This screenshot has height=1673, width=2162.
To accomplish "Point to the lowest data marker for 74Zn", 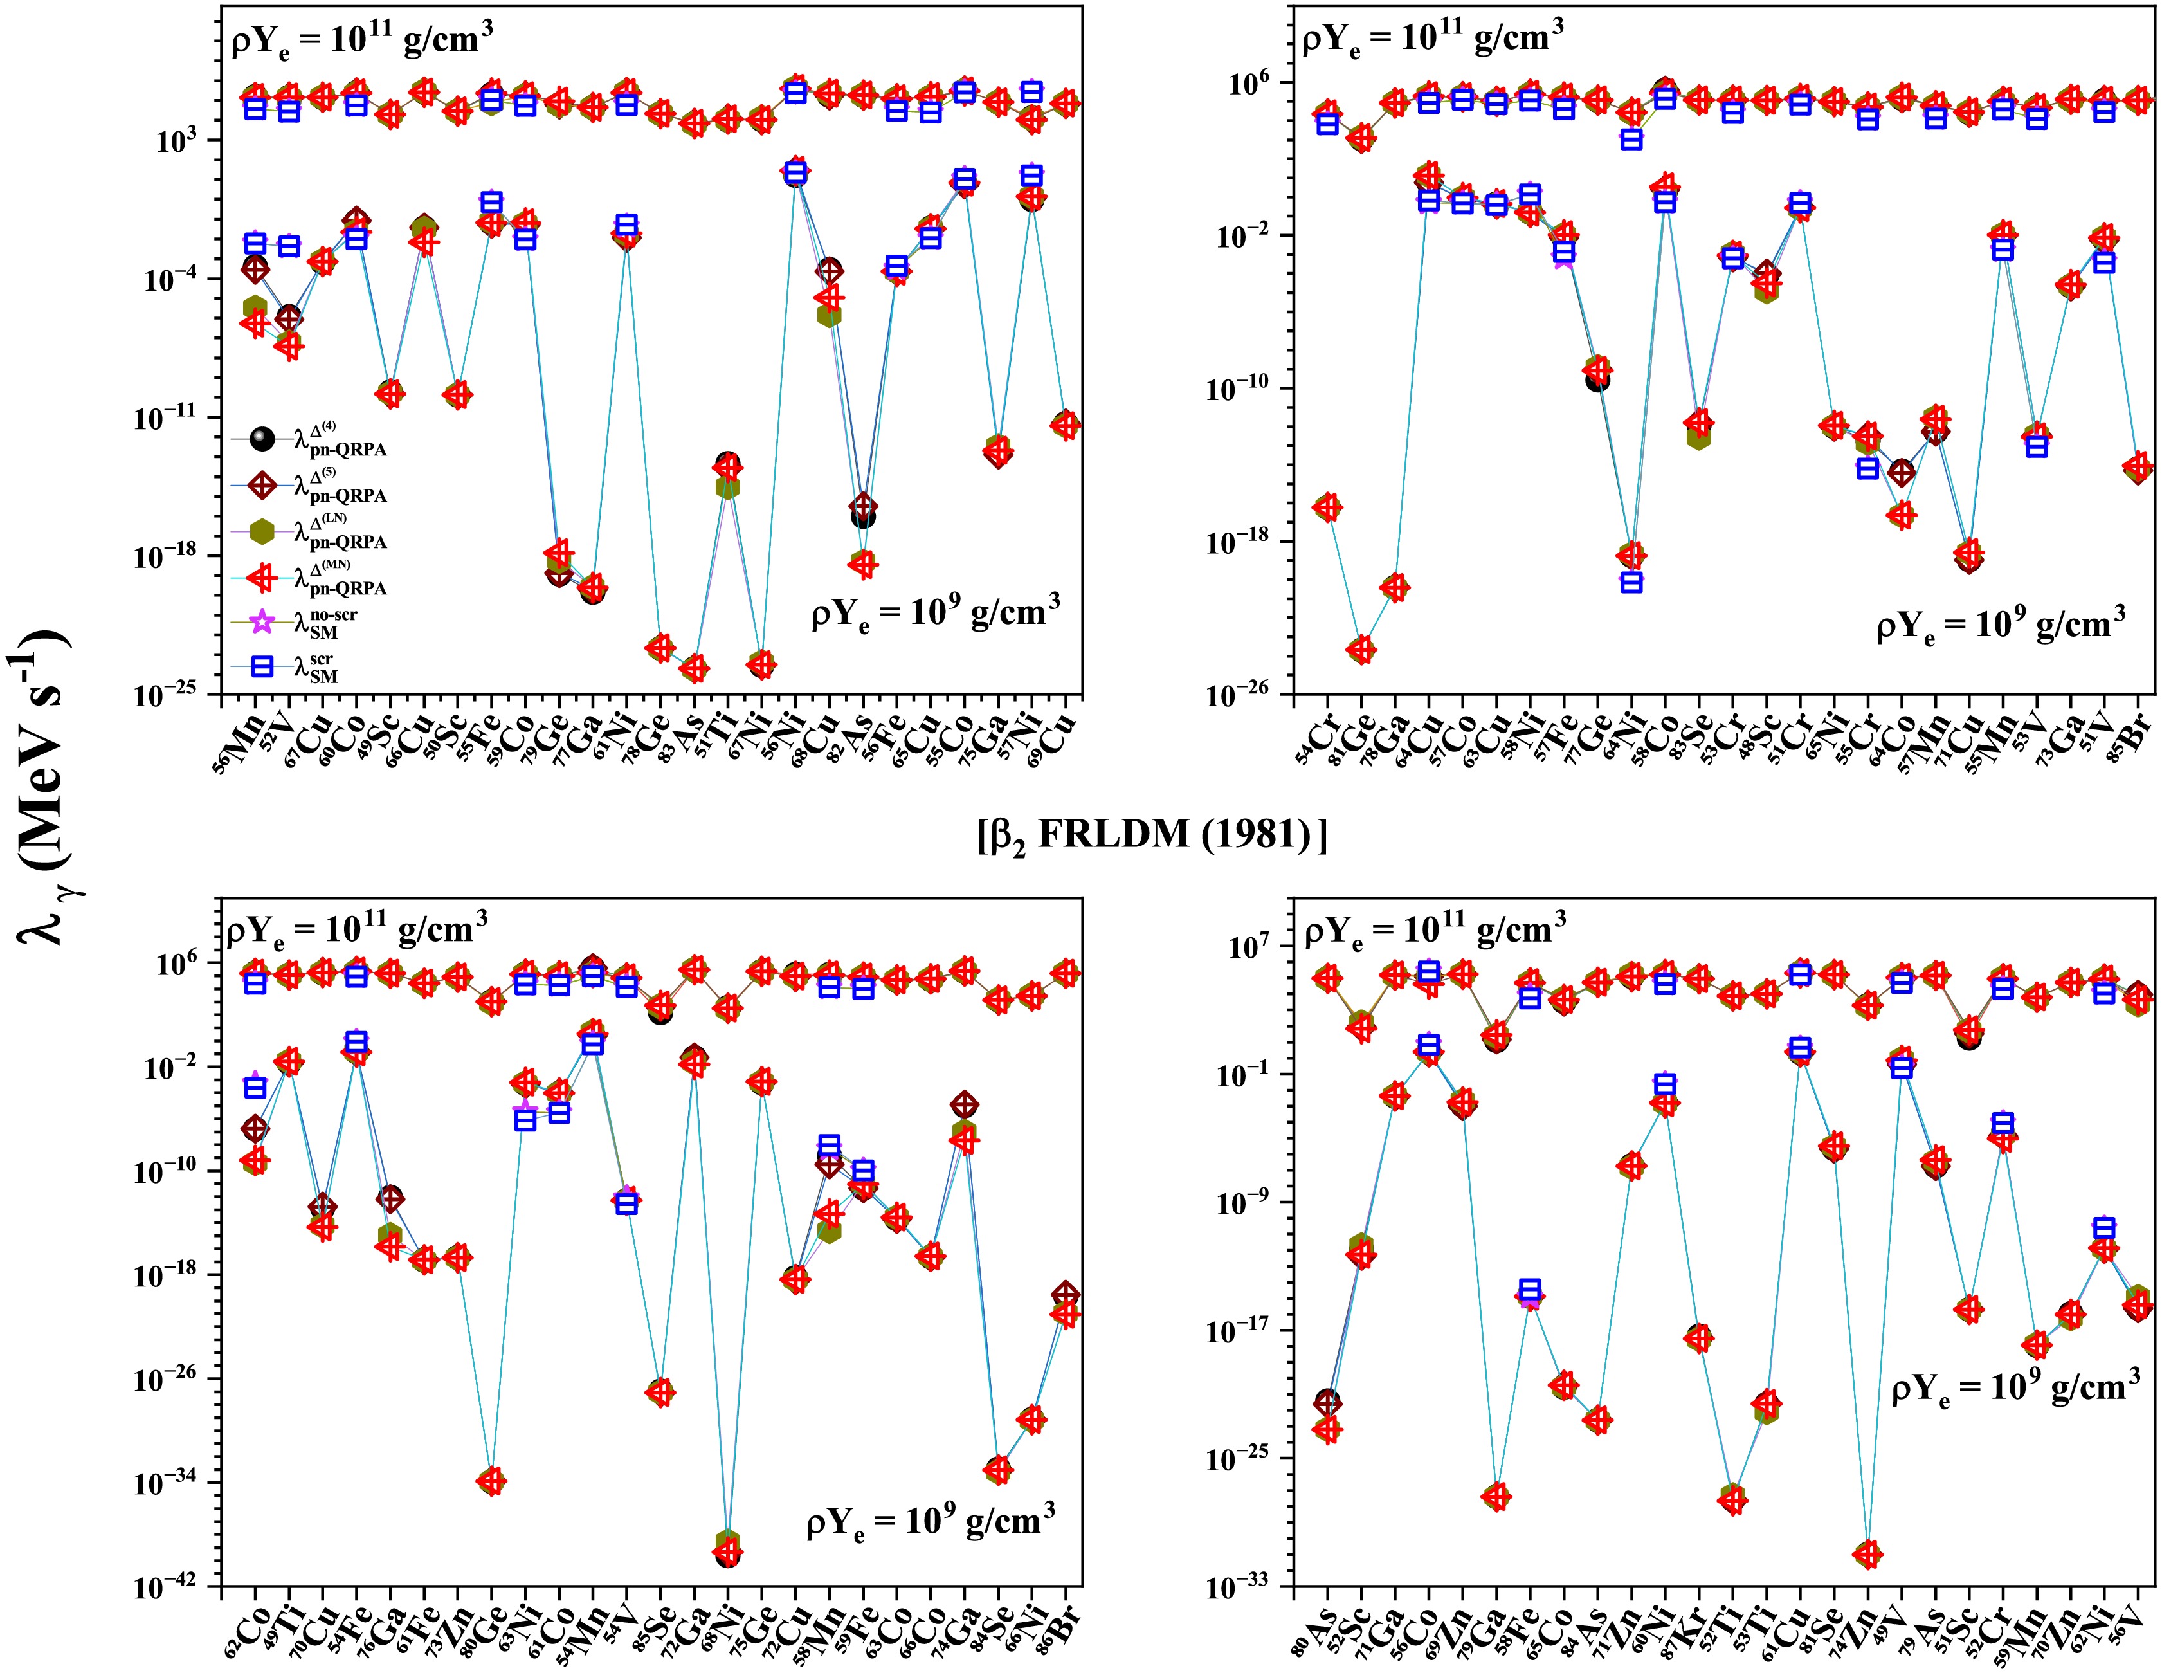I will [1868, 1554].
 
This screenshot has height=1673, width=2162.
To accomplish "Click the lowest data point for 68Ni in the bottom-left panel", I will [727, 1554].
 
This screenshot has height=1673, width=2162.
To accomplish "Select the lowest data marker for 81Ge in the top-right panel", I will [1361, 650].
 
